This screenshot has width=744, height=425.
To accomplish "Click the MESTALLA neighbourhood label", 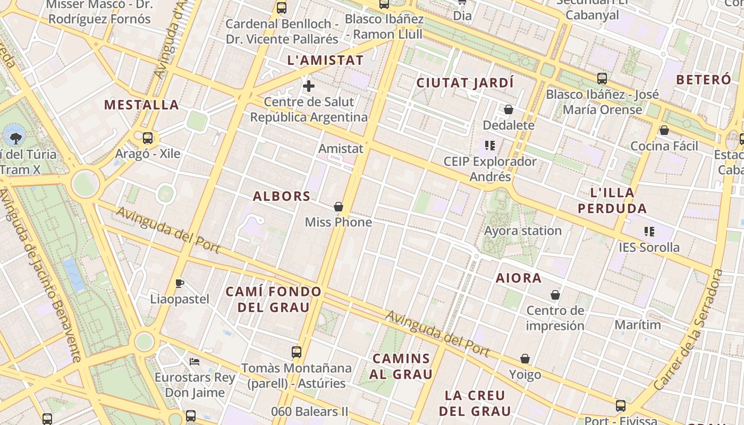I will [141, 105].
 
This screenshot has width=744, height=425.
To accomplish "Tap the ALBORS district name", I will [282, 196].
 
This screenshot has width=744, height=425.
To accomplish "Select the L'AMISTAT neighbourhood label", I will [325, 60].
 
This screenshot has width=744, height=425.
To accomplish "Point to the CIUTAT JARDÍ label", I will [465, 83].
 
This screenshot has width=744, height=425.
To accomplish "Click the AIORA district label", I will [519, 278].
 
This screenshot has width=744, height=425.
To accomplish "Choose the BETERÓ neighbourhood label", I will [704, 80].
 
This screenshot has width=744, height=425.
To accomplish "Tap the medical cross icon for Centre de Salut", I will [309, 86].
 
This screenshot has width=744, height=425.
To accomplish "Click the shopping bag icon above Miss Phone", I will [339, 207].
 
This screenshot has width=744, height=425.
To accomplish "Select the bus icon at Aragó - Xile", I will [148, 138].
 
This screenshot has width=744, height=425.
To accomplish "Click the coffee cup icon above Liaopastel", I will [180, 283].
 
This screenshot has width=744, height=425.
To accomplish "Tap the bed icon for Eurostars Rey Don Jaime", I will [195, 362].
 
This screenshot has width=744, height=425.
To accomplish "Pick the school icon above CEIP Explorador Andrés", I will [490, 145].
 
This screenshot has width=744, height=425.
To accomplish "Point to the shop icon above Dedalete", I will [509, 110].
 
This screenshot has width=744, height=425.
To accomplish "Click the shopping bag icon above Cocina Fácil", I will [664, 130].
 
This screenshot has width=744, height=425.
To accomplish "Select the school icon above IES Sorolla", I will [649, 231].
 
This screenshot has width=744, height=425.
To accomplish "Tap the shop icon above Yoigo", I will [525, 359].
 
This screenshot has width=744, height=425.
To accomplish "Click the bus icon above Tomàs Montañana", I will [297, 352].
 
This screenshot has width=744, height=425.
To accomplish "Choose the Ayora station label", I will [523, 231].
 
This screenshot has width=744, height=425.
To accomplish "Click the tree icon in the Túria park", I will [16, 138].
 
